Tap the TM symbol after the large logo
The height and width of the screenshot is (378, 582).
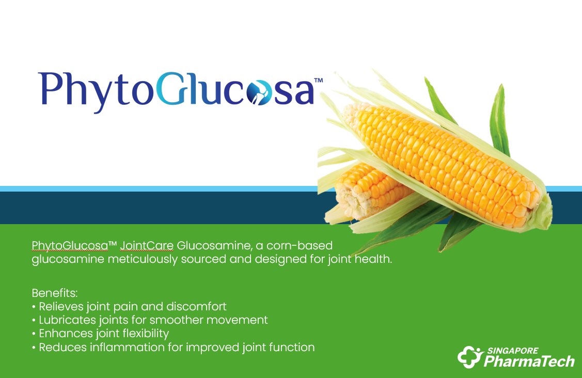pyautogui.click(x=319, y=80)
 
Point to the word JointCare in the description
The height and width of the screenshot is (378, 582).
pyautogui.click(x=147, y=246)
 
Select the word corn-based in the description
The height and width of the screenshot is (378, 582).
pyautogui.click(x=300, y=246)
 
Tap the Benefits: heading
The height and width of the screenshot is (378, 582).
pyautogui.click(x=55, y=293)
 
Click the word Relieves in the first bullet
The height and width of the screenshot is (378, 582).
pyautogui.click(x=61, y=307)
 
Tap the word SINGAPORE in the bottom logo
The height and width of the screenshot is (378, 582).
pyautogui.click(x=513, y=351)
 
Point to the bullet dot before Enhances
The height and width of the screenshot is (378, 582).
pyautogui.click(x=34, y=334)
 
